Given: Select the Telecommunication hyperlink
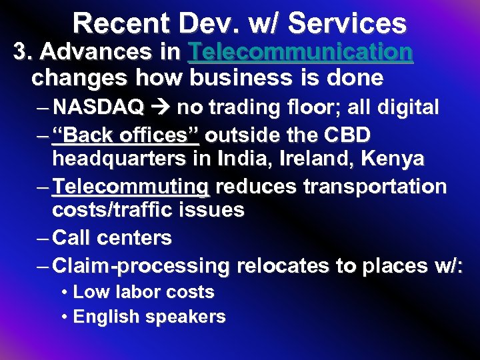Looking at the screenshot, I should coord(301,52).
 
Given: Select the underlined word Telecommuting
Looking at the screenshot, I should coord(131,187).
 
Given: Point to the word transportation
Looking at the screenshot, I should coord(375,187).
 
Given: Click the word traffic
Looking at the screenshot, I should coord(144,211).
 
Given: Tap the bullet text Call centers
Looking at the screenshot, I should coord(112,238).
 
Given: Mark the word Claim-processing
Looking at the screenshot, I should coord(141,266).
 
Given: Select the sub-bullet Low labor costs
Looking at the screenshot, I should coord(143,292).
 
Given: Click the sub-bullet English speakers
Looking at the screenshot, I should coord(149,317).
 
